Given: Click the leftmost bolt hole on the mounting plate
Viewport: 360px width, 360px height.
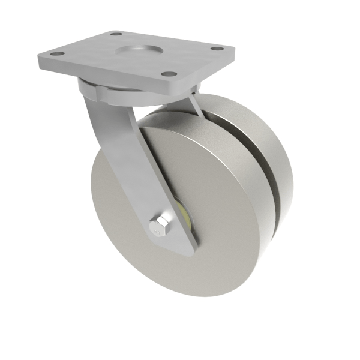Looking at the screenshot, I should [58, 55].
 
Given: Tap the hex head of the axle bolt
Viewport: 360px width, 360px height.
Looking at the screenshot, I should [159, 227].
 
